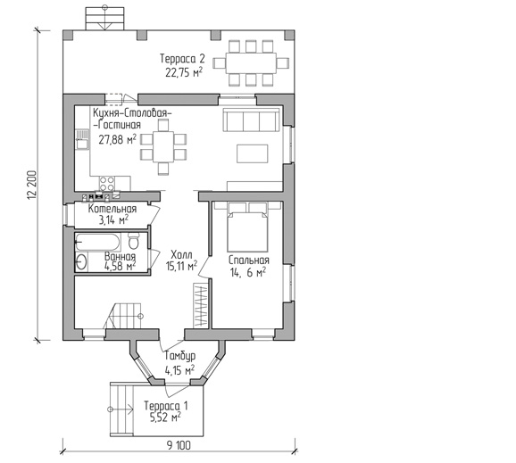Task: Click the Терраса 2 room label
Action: coord(182,59)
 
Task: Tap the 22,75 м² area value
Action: coord(184,72)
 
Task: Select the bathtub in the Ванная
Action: coord(97,243)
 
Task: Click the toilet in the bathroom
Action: coord(133,241)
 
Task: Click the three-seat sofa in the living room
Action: coord(252,120)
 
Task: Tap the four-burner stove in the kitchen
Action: coord(107,184)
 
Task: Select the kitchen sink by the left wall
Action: coord(82,140)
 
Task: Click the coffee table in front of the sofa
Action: coord(252,153)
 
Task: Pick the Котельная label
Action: coord(112,209)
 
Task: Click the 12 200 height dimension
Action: coord(31,186)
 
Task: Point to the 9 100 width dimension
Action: coord(179,445)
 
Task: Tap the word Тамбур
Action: coord(180,356)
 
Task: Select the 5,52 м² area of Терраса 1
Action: coord(165,418)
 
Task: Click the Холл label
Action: coord(181,254)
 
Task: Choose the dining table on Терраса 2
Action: coord(251,62)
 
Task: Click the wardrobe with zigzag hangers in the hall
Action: coord(202,305)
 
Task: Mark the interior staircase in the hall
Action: coord(122,316)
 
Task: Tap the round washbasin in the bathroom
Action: coord(81,262)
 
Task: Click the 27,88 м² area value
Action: coord(118,139)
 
